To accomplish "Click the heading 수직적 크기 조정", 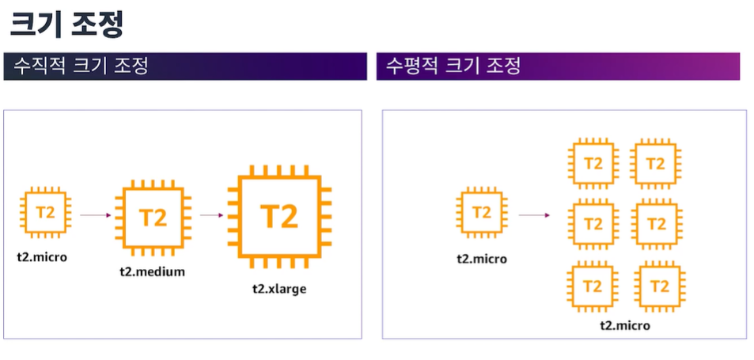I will [x=76, y=66].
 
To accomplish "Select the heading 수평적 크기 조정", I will [x=453, y=66].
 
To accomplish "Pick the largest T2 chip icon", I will [x=278, y=216].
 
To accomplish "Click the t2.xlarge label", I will [x=278, y=289].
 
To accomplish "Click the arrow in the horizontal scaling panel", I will [x=535, y=214].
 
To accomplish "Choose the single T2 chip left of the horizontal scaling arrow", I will [x=482, y=212].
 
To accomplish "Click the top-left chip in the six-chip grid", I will [x=593, y=164].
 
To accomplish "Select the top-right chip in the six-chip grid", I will [x=656, y=164].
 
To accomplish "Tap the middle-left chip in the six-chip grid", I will [x=593, y=224].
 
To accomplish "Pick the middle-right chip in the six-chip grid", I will [x=656, y=224].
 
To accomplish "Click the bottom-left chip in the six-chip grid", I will [x=593, y=286].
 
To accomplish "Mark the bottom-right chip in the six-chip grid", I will [x=656, y=286].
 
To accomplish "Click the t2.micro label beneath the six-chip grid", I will [x=625, y=325].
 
